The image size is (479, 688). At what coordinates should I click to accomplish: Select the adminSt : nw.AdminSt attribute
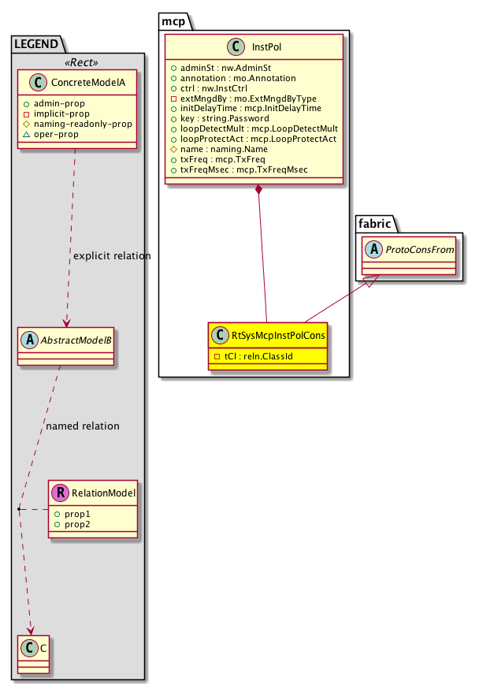tap(219, 69)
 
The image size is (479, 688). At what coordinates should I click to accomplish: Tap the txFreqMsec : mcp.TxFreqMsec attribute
tap(243, 170)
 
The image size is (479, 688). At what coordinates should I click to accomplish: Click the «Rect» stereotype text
tap(79, 63)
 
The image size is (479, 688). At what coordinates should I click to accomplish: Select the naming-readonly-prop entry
tap(84, 125)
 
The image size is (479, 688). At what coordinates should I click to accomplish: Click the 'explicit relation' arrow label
tap(111, 257)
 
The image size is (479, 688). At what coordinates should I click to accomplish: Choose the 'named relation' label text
tap(83, 426)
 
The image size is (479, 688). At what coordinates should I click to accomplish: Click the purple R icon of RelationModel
tap(60, 493)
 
